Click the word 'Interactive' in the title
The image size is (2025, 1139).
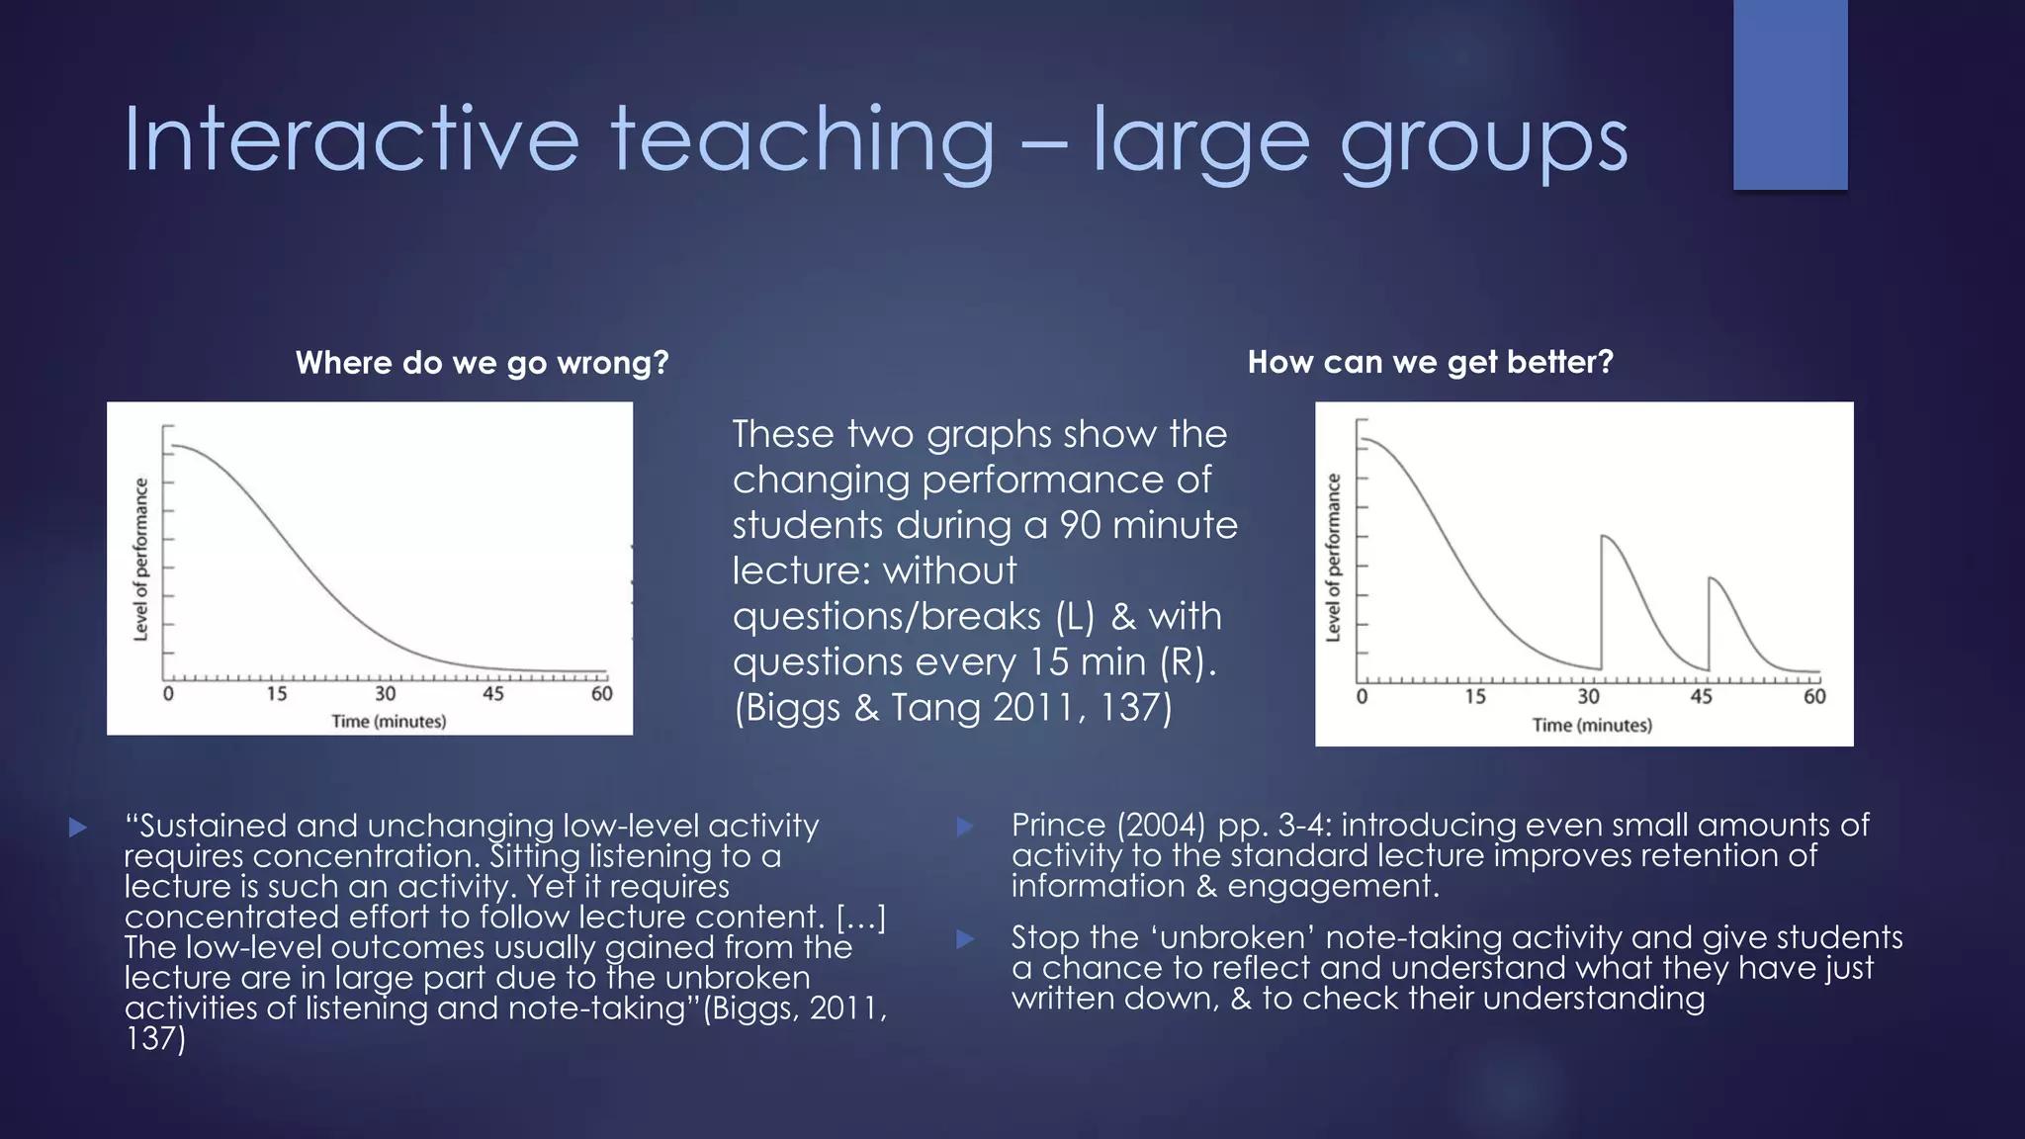pos(351,140)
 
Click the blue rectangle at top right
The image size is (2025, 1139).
pos(1790,94)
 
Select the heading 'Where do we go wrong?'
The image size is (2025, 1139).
pos(482,363)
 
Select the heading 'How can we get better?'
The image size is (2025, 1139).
pos(1430,362)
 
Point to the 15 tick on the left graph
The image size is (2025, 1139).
pos(276,693)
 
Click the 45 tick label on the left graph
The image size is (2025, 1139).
pos(492,693)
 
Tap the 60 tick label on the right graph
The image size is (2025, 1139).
pos(1814,696)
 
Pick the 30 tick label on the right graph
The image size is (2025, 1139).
pos(1588,696)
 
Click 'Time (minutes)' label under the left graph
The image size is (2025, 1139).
pos(389,721)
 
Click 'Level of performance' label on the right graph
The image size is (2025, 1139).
pos(1333,558)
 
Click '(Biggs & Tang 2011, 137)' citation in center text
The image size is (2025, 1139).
pos(952,708)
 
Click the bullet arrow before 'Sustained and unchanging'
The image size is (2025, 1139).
pos(79,827)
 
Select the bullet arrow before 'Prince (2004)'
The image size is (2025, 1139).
pos(966,826)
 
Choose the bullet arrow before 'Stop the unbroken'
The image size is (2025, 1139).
pos(966,938)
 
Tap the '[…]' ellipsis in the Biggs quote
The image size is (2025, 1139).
pos(860,918)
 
